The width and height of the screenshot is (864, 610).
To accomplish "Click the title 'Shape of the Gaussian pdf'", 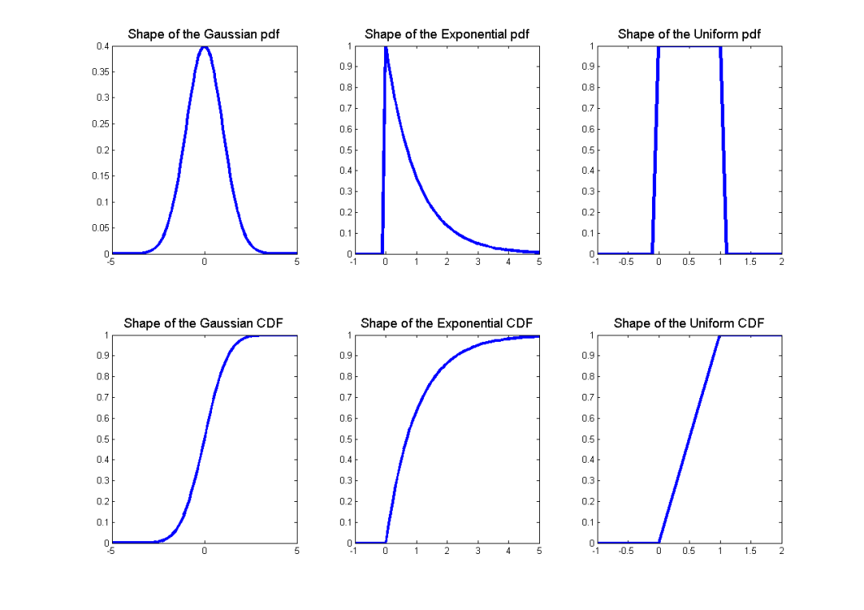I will point(204,34).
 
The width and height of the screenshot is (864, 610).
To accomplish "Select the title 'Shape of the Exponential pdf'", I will point(446,34).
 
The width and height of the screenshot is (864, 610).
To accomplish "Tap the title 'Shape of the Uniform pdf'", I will point(689,34).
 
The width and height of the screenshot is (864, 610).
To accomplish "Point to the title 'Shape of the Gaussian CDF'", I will point(203,323).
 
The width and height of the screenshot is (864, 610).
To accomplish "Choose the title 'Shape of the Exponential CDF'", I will point(446,323).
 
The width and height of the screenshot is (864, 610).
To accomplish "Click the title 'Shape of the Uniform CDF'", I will point(689,323).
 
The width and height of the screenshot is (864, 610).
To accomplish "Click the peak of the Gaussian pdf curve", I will point(204,46).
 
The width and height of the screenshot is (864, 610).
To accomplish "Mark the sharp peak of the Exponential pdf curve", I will point(386,46).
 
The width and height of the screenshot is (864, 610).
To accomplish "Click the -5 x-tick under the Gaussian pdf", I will point(111,262).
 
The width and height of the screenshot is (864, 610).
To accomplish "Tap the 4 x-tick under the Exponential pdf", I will point(508,262).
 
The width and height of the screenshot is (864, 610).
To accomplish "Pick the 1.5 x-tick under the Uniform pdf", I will point(750,262).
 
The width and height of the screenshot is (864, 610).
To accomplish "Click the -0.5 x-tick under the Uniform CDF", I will point(626,551).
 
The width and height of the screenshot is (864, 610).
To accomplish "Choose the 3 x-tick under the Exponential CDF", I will point(478,551).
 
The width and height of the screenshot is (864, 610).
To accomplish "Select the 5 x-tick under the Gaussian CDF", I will point(297,551).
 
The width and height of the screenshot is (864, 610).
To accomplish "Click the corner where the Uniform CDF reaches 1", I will point(720,335).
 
